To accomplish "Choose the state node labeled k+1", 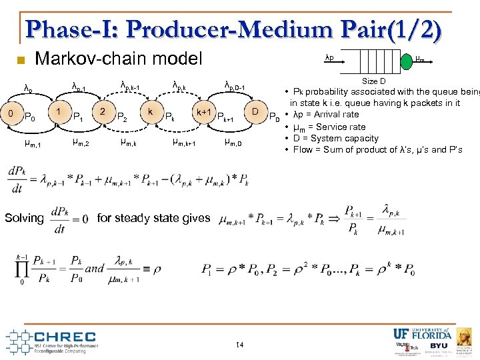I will click(x=204, y=111).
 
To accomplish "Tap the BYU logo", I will click(x=439, y=346).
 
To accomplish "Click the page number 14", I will click(x=240, y=345).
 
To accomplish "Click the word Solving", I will click(x=24, y=218).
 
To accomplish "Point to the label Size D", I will click(x=374, y=81).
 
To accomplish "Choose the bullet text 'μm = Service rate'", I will click(x=329, y=127).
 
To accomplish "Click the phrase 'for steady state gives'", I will click(x=153, y=217).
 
